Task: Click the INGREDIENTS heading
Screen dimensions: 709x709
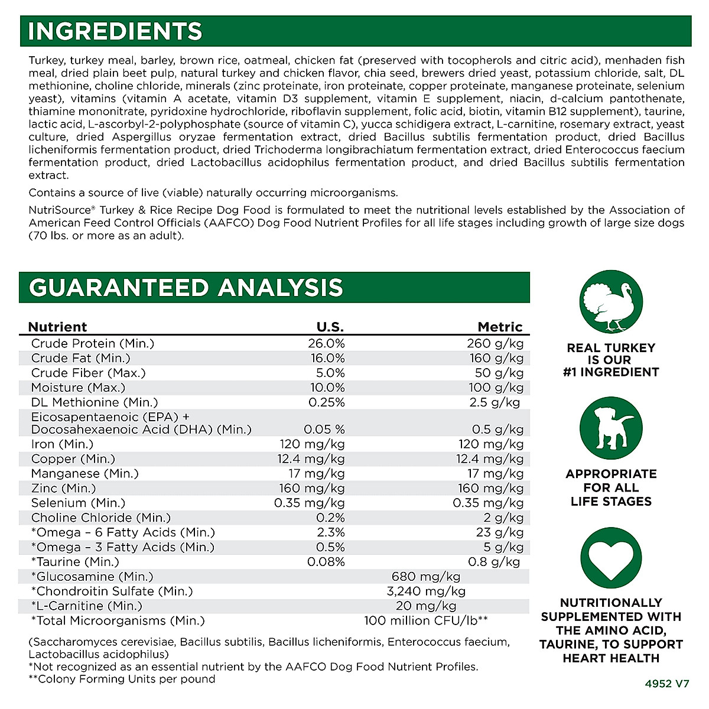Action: pyautogui.click(x=115, y=31)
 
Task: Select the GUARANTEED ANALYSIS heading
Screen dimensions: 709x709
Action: pyautogui.click(x=186, y=288)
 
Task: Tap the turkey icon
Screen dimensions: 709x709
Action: pyautogui.click(x=610, y=301)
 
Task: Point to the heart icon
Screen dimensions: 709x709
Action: pyautogui.click(x=610, y=558)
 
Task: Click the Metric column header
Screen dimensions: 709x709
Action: pyautogui.click(x=500, y=327)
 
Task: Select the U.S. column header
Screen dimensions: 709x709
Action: pyautogui.click(x=330, y=327)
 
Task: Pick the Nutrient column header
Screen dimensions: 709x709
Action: pyautogui.click(x=57, y=327)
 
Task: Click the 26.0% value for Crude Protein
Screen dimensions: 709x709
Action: pyautogui.click(x=326, y=344)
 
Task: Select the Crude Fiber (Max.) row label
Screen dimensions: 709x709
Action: pyautogui.click(x=89, y=373)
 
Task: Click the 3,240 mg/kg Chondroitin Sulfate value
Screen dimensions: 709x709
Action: pyautogui.click(x=426, y=591)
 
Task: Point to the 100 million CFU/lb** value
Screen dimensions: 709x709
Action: pyautogui.click(x=426, y=621)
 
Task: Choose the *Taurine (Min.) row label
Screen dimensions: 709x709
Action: pyautogui.click(x=75, y=562)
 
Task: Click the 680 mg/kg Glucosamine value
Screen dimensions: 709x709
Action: pyautogui.click(x=426, y=577)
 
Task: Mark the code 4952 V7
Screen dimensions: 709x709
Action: pyautogui.click(x=666, y=684)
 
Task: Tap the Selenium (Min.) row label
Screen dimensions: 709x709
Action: pyautogui.click(x=79, y=503)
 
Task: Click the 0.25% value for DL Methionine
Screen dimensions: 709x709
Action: pyautogui.click(x=327, y=402)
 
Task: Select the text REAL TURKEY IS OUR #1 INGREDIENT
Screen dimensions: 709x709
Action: pyautogui.click(x=611, y=360)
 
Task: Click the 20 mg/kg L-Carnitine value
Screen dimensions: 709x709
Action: pyautogui.click(x=426, y=606)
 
